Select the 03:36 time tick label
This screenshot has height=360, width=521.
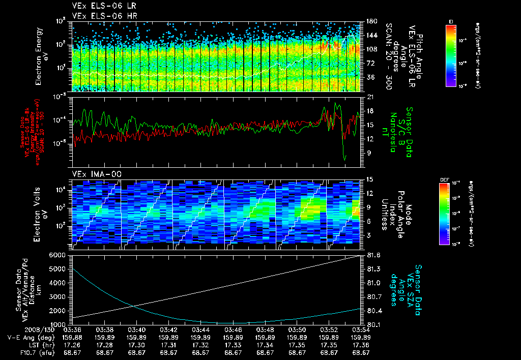click(x=72, y=329)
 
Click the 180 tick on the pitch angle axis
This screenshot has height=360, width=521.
click(x=371, y=21)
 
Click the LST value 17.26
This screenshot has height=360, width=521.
click(x=72, y=344)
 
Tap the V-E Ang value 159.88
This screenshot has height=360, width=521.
click(x=72, y=337)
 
